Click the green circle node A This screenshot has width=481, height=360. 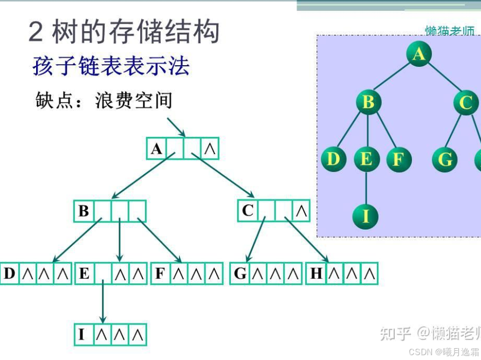[419, 54]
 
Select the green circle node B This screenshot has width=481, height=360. [368, 102]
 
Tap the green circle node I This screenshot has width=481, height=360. [366, 216]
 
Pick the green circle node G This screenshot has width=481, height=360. [445, 160]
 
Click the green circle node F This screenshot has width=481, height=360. [399, 160]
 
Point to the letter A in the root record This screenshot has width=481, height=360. [156, 149]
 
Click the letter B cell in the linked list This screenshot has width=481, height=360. [84, 211]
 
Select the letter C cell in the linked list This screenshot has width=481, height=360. [248, 211]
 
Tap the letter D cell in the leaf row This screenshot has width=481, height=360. [10, 274]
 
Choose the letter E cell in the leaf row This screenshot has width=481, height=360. [84, 274]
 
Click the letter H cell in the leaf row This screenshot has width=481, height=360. [316, 274]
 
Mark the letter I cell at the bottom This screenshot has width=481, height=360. [82, 335]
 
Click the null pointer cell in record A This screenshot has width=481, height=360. [210, 149]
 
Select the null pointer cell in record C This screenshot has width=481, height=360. [301, 211]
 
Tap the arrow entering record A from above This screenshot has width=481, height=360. [176, 126]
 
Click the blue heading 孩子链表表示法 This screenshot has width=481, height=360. [111, 66]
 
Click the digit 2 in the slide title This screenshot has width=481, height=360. [36, 32]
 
